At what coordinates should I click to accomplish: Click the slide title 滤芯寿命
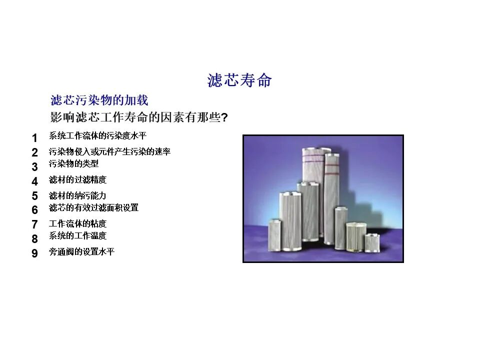coord(239,80)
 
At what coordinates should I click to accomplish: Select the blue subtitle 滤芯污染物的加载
coord(99,100)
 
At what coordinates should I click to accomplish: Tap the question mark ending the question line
coord(224,118)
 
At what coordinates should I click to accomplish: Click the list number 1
coord(34,138)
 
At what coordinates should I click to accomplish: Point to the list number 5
coord(34,196)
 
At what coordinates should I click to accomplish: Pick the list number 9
coord(34,253)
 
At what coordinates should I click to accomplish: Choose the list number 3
coord(34,167)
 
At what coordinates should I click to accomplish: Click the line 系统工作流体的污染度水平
coord(97,135)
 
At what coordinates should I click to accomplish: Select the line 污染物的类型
coord(73,163)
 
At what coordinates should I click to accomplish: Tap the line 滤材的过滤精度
coord(77,179)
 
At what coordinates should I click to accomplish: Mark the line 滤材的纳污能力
coord(77,195)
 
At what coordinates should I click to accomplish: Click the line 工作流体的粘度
coord(77,223)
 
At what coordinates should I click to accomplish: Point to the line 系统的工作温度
coord(77,235)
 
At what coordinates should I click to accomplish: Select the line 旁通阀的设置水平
coord(81,251)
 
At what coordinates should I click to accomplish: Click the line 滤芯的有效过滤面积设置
coord(93,207)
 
